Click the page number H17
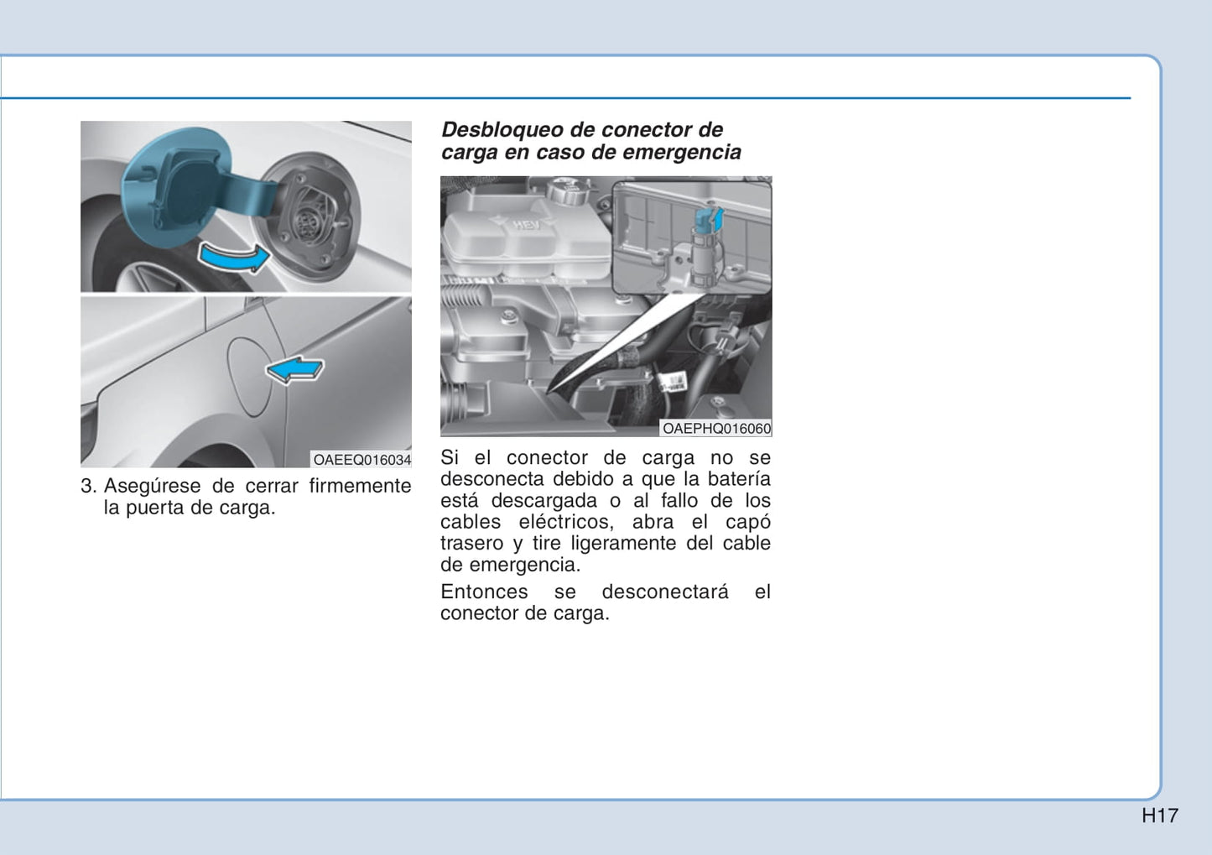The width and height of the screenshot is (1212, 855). coord(1160,816)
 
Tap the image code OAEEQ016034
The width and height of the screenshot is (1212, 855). coord(362,460)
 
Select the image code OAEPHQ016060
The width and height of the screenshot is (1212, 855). coord(716,429)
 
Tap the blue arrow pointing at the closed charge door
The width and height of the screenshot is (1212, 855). coord(294,369)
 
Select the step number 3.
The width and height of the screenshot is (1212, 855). coord(88,486)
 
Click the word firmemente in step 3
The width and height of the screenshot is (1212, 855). coord(360,486)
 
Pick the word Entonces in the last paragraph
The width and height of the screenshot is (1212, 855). coord(484,592)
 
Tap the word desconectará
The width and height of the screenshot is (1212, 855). coord(665,592)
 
